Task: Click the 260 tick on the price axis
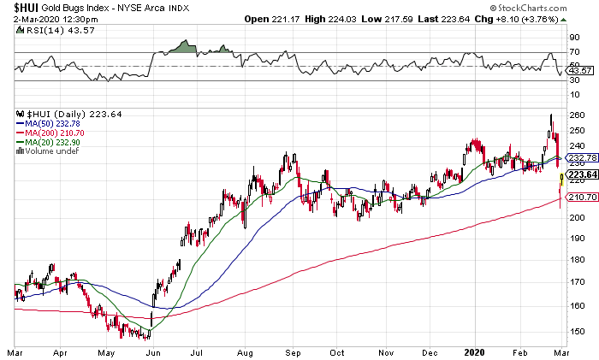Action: pos(576,115)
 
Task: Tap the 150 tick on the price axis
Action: pos(576,331)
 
